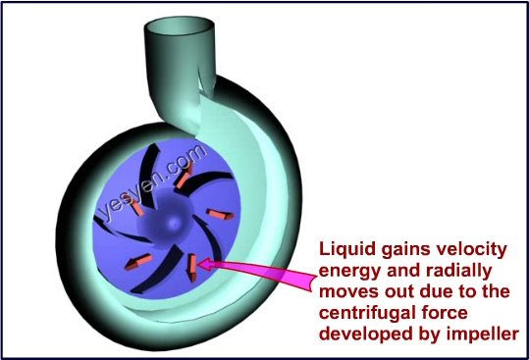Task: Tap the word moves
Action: pyautogui.click(x=349, y=290)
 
